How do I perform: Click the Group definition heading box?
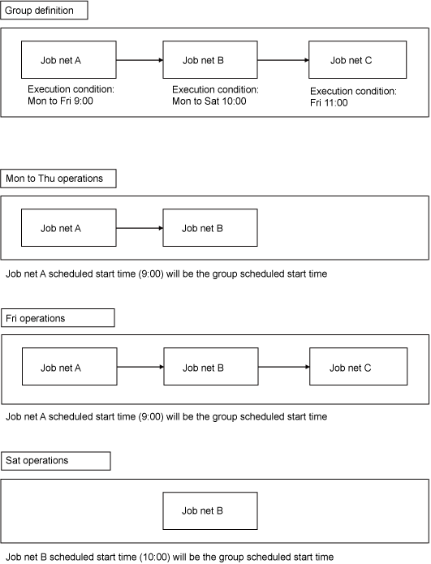[44, 10]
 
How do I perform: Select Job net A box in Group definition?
[69, 60]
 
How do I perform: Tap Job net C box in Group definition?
[358, 60]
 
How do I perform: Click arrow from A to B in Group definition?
[140, 60]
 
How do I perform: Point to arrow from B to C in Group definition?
[283, 60]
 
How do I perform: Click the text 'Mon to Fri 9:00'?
[60, 101]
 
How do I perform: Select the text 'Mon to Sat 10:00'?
[209, 101]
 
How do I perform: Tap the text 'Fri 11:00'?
[329, 103]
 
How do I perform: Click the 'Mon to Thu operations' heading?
[58, 179]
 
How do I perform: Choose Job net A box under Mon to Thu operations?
[69, 228]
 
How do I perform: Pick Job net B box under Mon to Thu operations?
[210, 228]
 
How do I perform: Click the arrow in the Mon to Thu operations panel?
[140, 228]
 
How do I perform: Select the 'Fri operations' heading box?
[58, 318]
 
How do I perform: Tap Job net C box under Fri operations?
[358, 367]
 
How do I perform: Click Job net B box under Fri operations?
[211, 367]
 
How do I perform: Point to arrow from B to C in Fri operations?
[284, 367]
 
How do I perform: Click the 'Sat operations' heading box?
[56, 461]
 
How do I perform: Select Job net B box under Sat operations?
[210, 510]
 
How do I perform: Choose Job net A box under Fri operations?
[70, 367]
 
